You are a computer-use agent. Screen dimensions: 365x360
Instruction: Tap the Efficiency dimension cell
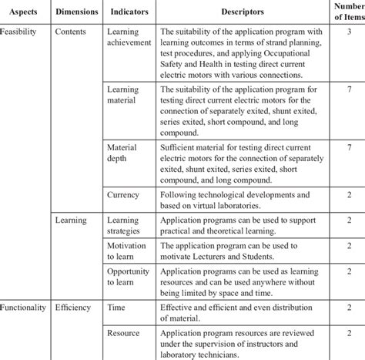point(75,308)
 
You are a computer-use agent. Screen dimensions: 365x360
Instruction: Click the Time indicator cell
point(117,308)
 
